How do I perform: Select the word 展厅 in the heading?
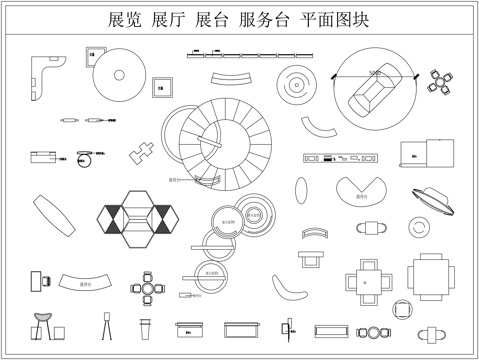point(167,20)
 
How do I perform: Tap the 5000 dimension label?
point(374,74)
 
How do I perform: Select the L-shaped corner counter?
point(44,78)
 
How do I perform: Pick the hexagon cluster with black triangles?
point(139,220)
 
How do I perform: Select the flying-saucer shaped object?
point(433,197)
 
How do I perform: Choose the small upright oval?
point(302,188)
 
